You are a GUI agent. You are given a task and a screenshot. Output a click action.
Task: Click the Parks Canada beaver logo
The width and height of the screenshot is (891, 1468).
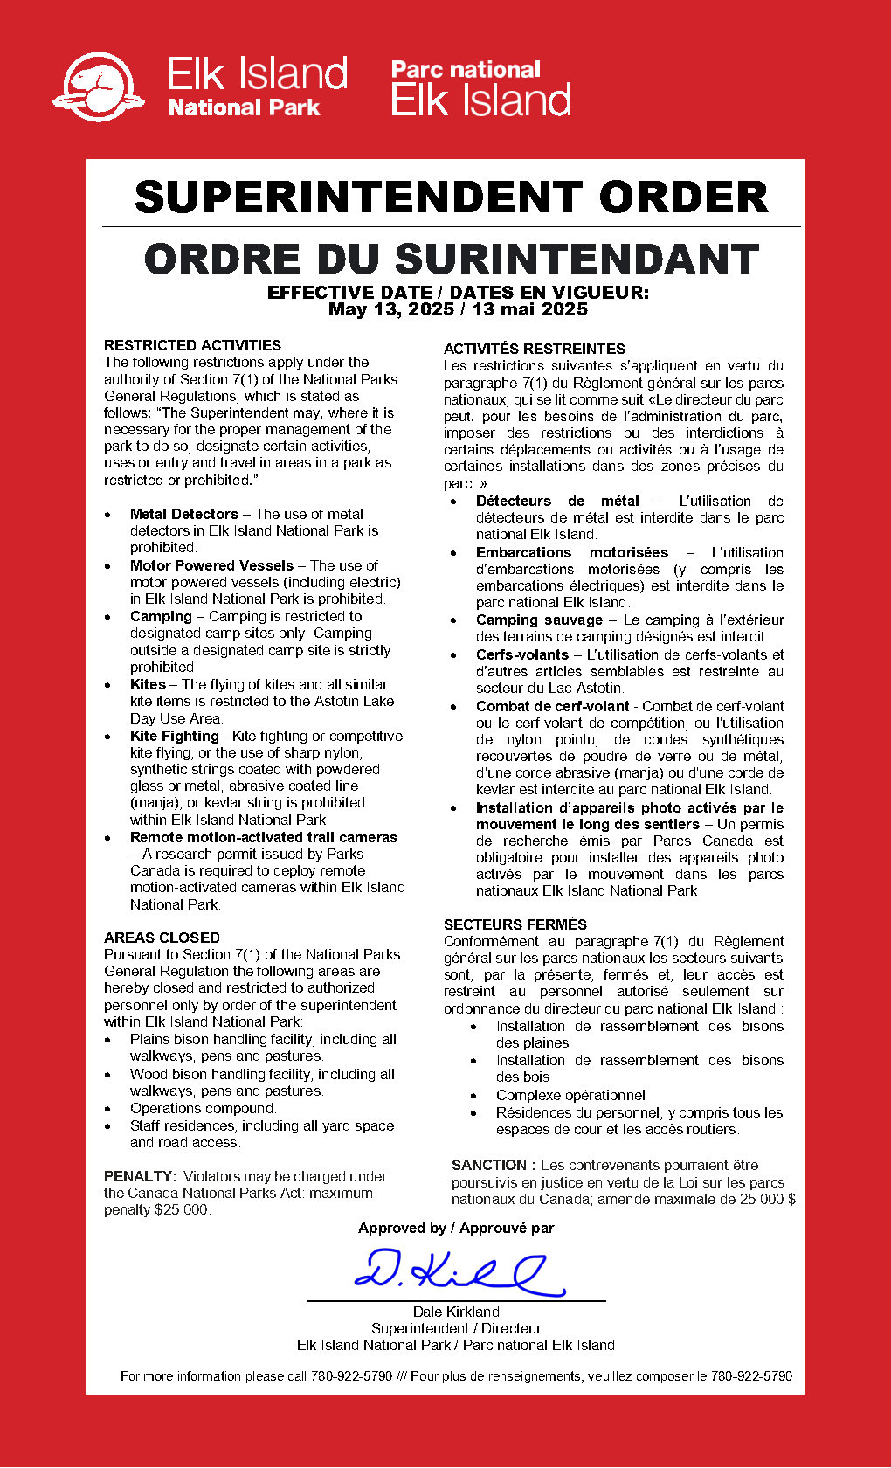pyautogui.click(x=98, y=87)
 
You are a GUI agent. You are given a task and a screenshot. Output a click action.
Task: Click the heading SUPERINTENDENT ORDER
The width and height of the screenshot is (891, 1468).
pyautogui.click(x=452, y=197)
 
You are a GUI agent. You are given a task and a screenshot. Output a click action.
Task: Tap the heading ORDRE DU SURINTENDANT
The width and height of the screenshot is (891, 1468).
pyautogui.click(x=452, y=260)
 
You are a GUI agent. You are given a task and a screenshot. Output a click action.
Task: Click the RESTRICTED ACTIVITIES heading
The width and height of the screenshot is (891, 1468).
pyautogui.click(x=192, y=345)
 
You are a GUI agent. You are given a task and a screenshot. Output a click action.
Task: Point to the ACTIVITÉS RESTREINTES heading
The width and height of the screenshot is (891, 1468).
pyautogui.click(x=534, y=349)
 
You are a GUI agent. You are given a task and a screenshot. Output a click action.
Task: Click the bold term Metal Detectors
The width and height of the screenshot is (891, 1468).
pyautogui.click(x=183, y=514)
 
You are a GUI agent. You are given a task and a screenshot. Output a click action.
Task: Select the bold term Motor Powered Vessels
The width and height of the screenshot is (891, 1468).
pyautogui.click(x=211, y=565)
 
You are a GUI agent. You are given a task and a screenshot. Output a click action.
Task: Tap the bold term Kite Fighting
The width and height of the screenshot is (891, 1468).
pyautogui.click(x=174, y=736)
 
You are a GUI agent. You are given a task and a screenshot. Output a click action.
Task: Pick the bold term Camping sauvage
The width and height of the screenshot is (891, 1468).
pyautogui.click(x=539, y=620)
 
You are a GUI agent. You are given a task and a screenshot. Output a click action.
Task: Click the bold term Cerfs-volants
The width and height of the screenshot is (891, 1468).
pyautogui.click(x=521, y=654)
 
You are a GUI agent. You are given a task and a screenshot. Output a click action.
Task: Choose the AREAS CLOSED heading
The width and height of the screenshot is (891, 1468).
pyautogui.click(x=162, y=938)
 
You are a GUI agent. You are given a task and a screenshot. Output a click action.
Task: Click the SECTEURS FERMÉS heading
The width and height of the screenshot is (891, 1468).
pyautogui.click(x=515, y=924)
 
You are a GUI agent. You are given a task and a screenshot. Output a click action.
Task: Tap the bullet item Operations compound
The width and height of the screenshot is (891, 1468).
pyautogui.click(x=203, y=1108)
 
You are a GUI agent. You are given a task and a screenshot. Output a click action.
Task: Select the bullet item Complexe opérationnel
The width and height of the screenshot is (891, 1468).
pyautogui.click(x=570, y=1095)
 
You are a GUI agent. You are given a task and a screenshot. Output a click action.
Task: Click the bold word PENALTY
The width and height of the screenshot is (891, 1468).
pyautogui.click(x=140, y=1176)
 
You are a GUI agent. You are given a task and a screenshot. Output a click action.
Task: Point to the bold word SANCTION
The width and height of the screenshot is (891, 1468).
pyautogui.click(x=489, y=1165)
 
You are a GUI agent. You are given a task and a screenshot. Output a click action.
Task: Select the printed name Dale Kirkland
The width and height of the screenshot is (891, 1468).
pyautogui.click(x=456, y=1312)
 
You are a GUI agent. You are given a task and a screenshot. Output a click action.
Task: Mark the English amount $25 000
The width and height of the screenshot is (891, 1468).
pyautogui.click(x=181, y=1209)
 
